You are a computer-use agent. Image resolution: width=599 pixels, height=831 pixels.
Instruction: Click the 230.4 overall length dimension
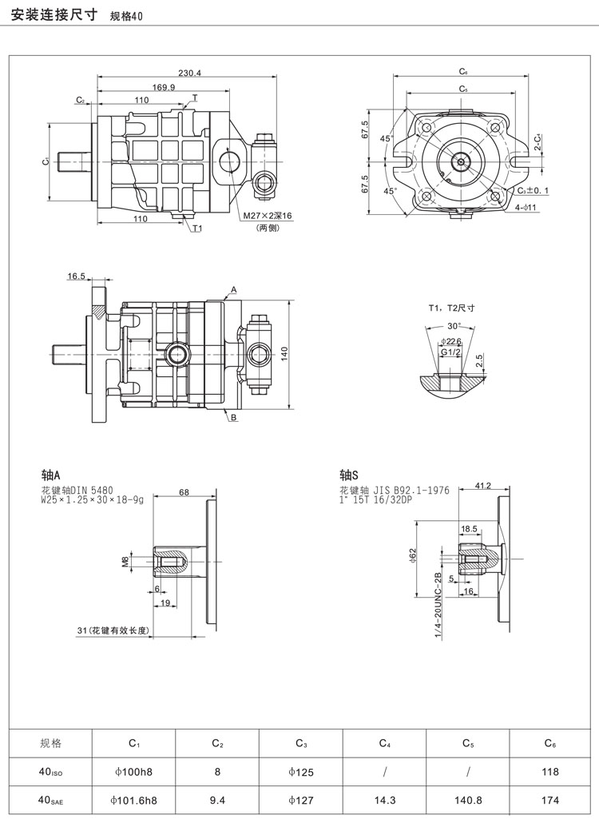coord(189,73)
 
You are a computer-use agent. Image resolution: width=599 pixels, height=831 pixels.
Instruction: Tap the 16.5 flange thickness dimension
coord(76,276)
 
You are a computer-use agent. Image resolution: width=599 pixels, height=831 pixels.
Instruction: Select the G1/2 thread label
coord(451,352)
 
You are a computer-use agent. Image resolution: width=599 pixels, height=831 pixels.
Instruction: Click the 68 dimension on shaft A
coord(184,492)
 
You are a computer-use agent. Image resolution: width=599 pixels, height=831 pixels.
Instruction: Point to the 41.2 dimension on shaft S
coord(482,485)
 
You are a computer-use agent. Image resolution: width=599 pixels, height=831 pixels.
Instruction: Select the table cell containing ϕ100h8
coord(134,772)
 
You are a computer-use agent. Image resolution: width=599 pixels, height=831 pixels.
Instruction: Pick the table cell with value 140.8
coord(468,799)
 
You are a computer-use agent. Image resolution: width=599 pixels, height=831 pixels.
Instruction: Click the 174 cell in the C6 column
coord(550,799)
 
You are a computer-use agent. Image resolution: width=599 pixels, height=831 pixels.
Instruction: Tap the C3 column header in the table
coord(301,743)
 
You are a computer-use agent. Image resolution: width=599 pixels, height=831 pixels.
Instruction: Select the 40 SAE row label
coord(50,799)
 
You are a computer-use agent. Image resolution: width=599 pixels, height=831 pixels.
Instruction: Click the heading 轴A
coord(51,472)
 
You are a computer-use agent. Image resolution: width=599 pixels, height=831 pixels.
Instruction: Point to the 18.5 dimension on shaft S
coord(469,529)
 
